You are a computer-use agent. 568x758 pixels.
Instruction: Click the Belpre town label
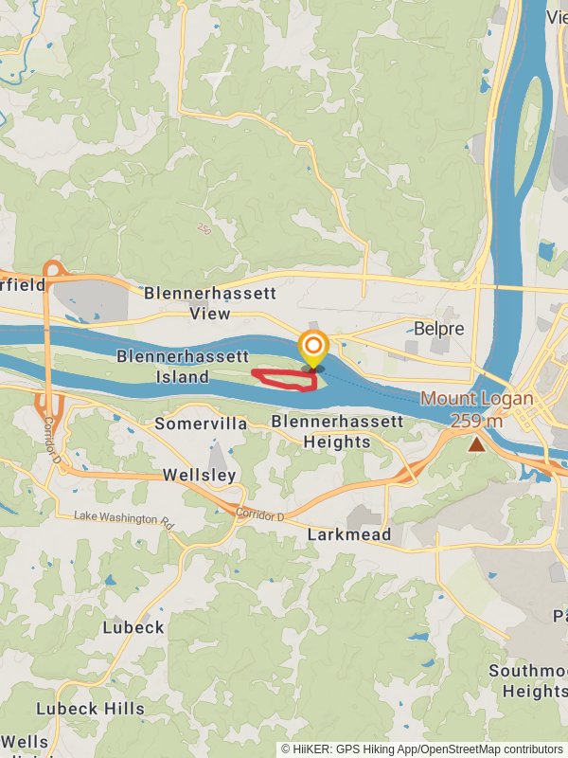438,329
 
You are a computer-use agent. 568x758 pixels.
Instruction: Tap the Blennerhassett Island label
182,367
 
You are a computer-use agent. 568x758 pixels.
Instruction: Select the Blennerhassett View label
209,303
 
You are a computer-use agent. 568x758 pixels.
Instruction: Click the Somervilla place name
201,424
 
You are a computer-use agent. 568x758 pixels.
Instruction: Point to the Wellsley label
199,475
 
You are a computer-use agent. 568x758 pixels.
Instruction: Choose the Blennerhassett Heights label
337,431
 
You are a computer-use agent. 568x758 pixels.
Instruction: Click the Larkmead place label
349,535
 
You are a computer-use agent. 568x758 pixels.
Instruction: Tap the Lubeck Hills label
91,708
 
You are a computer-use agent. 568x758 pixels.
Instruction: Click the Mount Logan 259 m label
476,409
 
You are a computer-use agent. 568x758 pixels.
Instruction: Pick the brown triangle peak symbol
475,443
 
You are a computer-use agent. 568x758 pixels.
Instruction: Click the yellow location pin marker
313,349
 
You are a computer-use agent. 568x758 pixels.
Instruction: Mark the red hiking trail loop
284,380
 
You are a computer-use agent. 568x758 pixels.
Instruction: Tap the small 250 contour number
204,229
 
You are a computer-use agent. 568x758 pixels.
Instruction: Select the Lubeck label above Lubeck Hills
133,627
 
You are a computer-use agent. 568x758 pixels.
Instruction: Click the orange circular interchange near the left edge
53,272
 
